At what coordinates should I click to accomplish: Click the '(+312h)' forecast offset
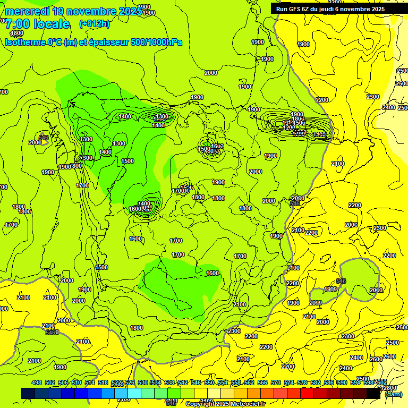click(x=95, y=23)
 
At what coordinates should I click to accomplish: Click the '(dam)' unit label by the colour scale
click(x=393, y=394)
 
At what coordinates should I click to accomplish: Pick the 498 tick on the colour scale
click(x=37, y=382)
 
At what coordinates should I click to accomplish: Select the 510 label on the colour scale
click(x=76, y=382)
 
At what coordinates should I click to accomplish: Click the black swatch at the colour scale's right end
click(x=373, y=394)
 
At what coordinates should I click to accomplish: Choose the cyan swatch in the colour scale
click(x=134, y=394)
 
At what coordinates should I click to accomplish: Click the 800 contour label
click(x=76, y=166)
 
